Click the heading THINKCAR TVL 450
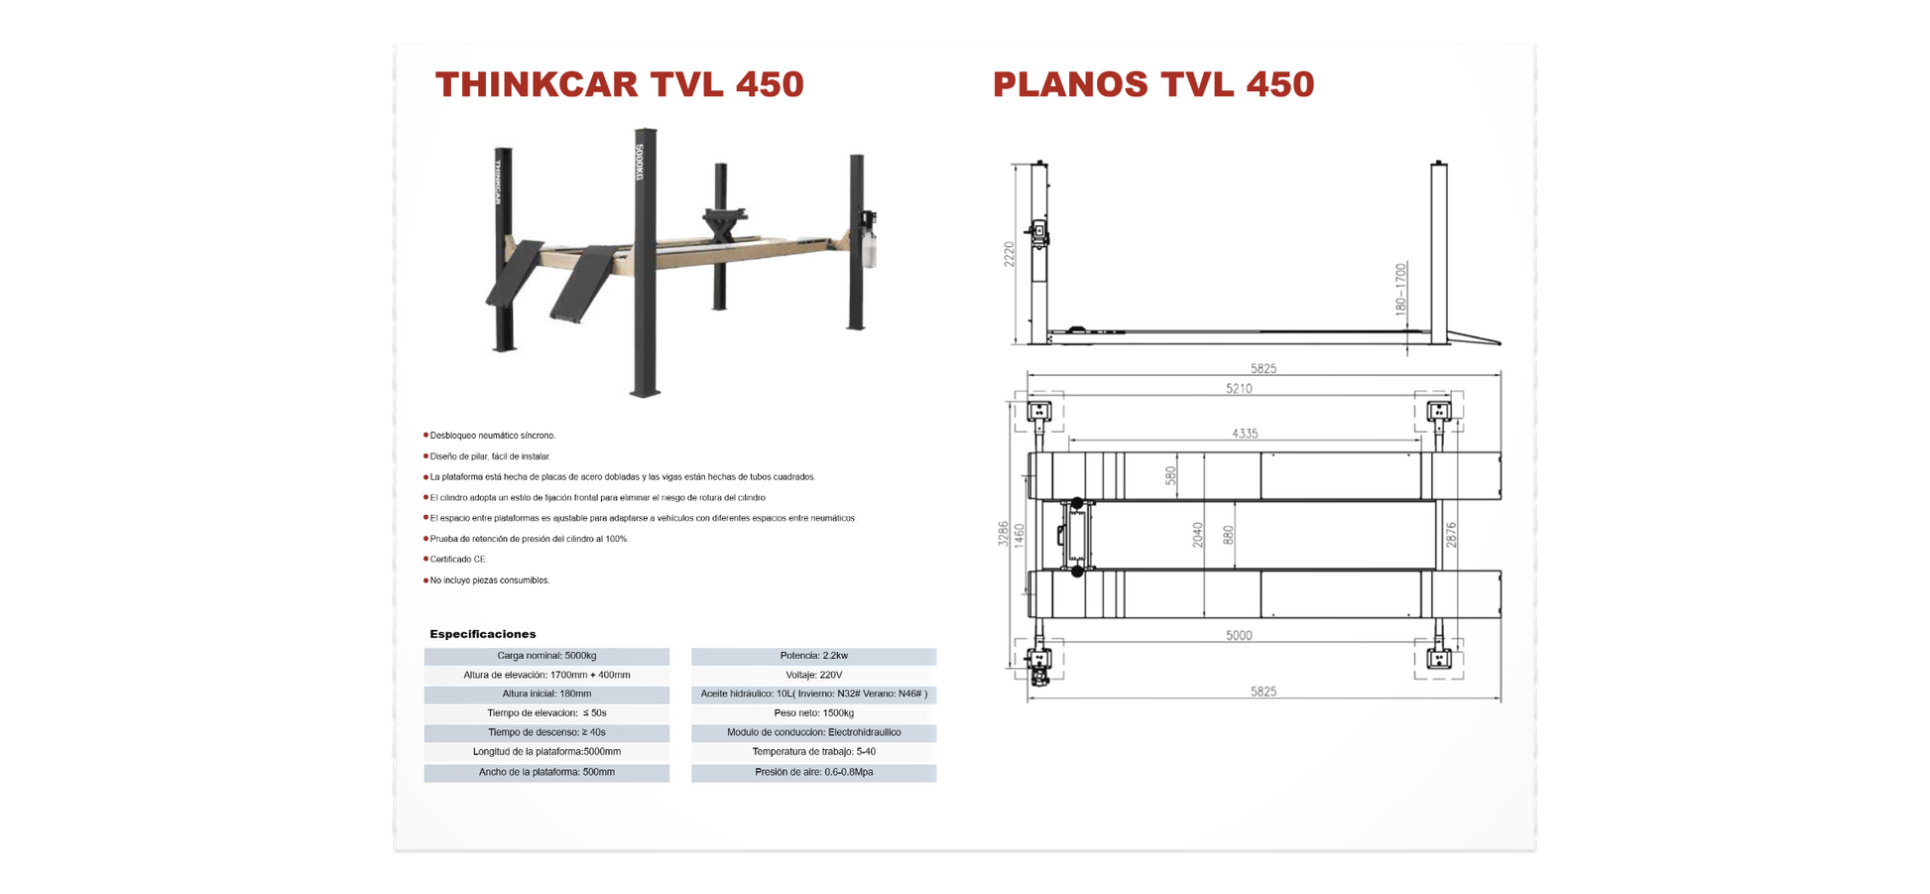pos(619,84)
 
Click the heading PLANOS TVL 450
pos(1152,84)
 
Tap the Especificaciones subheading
pos(483,634)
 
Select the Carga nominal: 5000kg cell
pos(546,656)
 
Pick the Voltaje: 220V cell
pos(813,675)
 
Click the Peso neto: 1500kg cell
pos(813,713)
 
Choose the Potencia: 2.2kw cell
pos(813,656)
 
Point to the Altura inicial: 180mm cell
pos(546,695)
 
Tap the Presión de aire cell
pos(813,772)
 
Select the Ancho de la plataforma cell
pos(546,772)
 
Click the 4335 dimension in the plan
pos(1245,434)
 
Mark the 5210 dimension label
pos(1239,389)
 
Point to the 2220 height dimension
pos(1010,254)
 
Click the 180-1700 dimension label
pos(1400,289)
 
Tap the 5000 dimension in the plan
pos(1239,636)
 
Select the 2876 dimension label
pos(1451,535)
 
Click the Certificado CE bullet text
pos(457,560)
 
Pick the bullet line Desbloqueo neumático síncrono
pos(492,436)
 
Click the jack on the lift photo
pos(725,221)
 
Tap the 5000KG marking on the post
pos(640,162)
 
